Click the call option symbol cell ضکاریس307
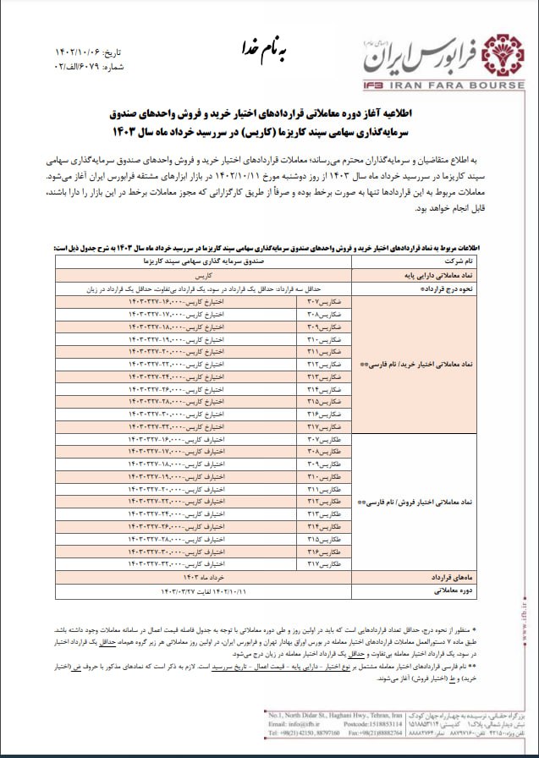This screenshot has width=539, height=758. click(x=325, y=302)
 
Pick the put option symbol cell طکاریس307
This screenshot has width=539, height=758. click(x=325, y=441)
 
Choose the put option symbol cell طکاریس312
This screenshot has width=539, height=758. click(x=325, y=502)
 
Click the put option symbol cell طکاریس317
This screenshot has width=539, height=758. click(x=325, y=563)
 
